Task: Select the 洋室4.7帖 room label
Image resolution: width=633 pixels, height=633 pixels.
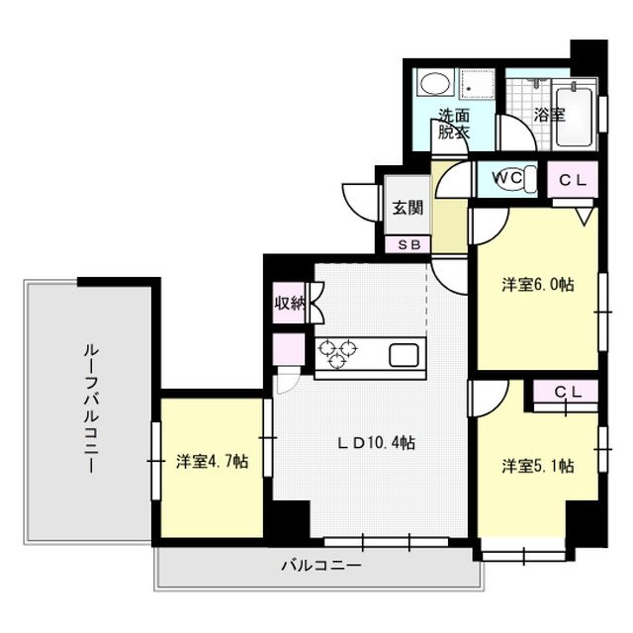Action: [x=212, y=461]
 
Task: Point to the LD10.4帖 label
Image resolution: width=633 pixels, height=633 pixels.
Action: [x=376, y=443]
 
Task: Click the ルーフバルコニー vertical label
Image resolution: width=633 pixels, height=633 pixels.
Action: [x=89, y=408]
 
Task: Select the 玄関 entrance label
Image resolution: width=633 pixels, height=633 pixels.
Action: [x=406, y=208]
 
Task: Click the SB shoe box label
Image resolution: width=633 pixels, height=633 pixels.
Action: [x=407, y=244]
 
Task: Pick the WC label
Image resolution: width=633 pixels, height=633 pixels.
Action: [x=507, y=178]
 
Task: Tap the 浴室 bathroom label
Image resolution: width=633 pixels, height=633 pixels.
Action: [x=549, y=115]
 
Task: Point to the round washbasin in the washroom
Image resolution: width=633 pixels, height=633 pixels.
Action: [x=431, y=85]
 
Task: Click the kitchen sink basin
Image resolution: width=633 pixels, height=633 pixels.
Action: [x=406, y=354]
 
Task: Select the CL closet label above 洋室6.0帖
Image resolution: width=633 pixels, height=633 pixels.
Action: [x=573, y=179]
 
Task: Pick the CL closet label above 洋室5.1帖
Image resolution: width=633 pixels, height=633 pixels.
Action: [x=567, y=393]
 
